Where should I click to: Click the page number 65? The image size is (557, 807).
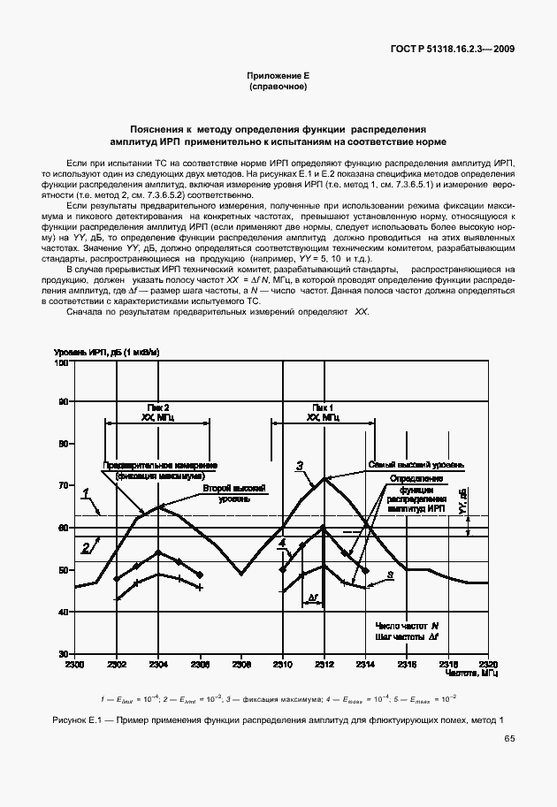(508, 738)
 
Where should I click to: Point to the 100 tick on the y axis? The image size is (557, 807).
(63, 362)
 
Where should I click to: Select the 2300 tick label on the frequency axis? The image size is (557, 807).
(74, 663)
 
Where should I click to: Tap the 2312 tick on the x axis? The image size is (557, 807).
(324, 663)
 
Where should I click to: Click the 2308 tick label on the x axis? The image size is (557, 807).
(240, 663)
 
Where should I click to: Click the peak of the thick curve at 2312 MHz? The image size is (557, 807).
(324, 478)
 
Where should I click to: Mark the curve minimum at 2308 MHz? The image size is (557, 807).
(241, 575)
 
